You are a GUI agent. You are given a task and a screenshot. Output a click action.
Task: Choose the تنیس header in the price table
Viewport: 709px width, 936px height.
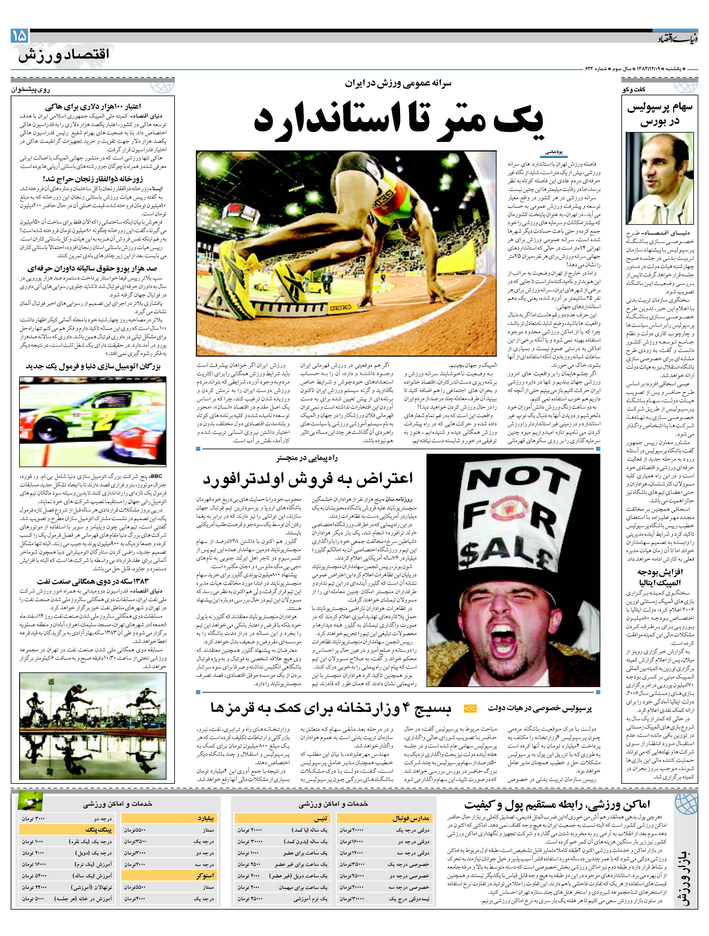320,819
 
